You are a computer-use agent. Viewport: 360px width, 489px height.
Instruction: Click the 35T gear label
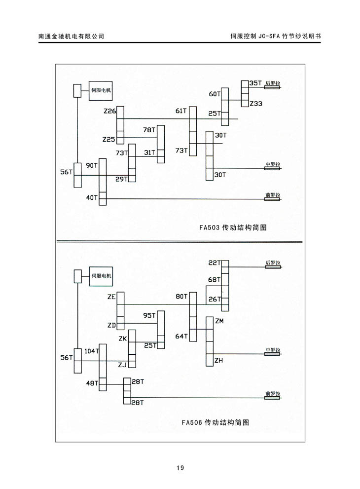[x=255, y=83]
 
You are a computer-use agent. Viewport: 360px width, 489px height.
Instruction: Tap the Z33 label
[x=256, y=104]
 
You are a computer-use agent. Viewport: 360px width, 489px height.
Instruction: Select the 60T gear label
[x=214, y=94]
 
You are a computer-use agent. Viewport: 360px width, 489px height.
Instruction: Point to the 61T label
[x=181, y=111]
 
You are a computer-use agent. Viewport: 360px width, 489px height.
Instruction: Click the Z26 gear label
[x=109, y=112]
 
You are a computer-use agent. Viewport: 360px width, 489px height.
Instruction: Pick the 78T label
[x=149, y=130]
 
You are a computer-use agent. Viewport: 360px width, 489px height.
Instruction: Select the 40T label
[x=92, y=197]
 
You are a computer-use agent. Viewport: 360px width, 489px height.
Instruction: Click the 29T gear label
[x=121, y=179]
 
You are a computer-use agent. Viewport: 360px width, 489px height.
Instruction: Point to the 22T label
[x=214, y=263]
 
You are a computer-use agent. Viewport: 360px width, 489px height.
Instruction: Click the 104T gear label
[x=92, y=351]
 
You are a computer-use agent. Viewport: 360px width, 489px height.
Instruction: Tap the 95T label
[x=149, y=315]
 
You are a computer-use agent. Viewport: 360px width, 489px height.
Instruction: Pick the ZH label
[x=219, y=361]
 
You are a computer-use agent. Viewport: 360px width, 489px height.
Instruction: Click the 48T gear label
[x=92, y=382]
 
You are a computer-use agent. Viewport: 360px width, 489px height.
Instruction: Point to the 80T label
[x=181, y=297]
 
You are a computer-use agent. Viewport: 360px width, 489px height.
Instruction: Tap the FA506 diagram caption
[x=215, y=422]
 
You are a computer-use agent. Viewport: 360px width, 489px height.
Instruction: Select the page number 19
[x=180, y=468]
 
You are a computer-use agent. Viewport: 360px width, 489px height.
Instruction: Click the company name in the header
[x=71, y=36]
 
